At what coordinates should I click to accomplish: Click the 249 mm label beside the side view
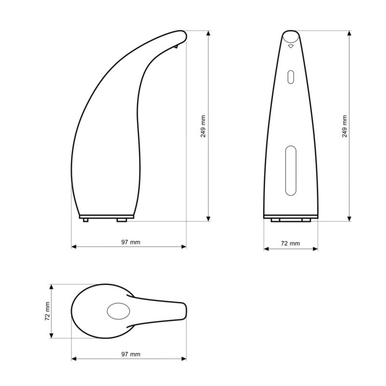click(x=203, y=126)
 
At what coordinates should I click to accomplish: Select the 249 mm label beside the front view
click(x=345, y=126)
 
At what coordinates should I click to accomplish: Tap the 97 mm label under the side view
click(x=131, y=242)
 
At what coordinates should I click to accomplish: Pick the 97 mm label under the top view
click(x=131, y=354)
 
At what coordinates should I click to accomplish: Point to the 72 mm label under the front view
click(x=290, y=244)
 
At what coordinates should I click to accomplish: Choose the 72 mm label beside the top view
click(x=47, y=311)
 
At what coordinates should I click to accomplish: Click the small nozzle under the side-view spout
click(x=176, y=46)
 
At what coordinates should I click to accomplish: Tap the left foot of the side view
click(x=86, y=220)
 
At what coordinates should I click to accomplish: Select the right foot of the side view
click(x=122, y=220)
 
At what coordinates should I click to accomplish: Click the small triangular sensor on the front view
click(x=291, y=46)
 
